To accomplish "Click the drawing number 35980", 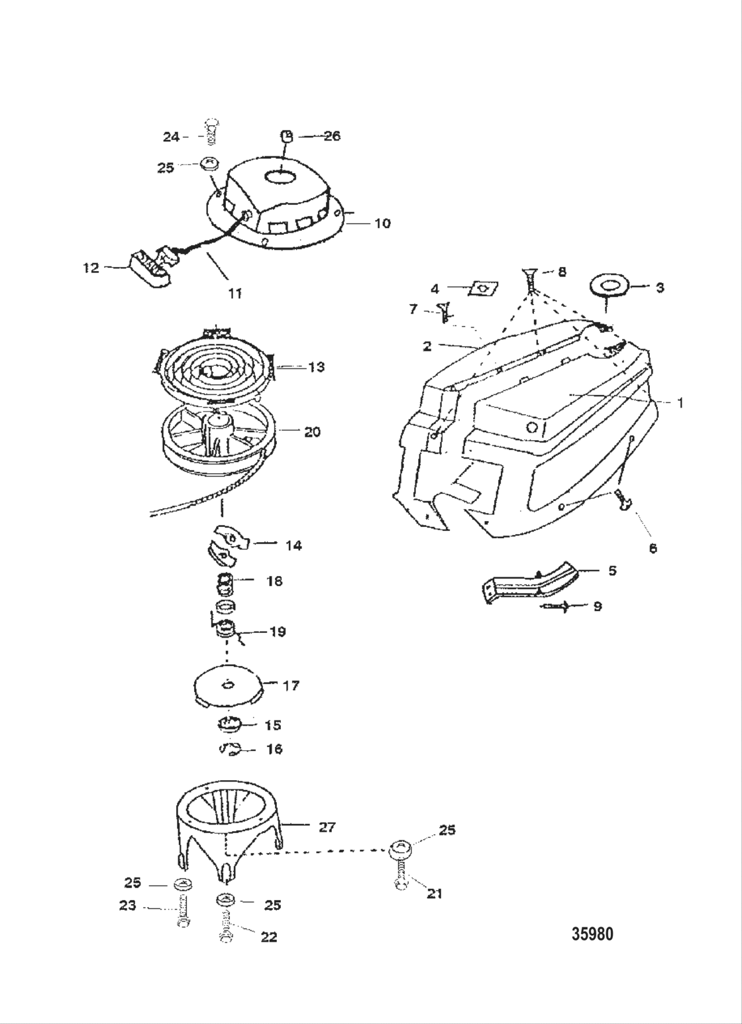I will tap(592, 934).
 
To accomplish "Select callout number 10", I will tap(382, 223).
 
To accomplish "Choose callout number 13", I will tap(316, 367).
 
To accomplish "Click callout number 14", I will tap(293, 545).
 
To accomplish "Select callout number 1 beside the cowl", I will tap(680, 402).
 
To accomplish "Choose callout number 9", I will tap(597, 606).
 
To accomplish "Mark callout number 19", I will tap(278, 632).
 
